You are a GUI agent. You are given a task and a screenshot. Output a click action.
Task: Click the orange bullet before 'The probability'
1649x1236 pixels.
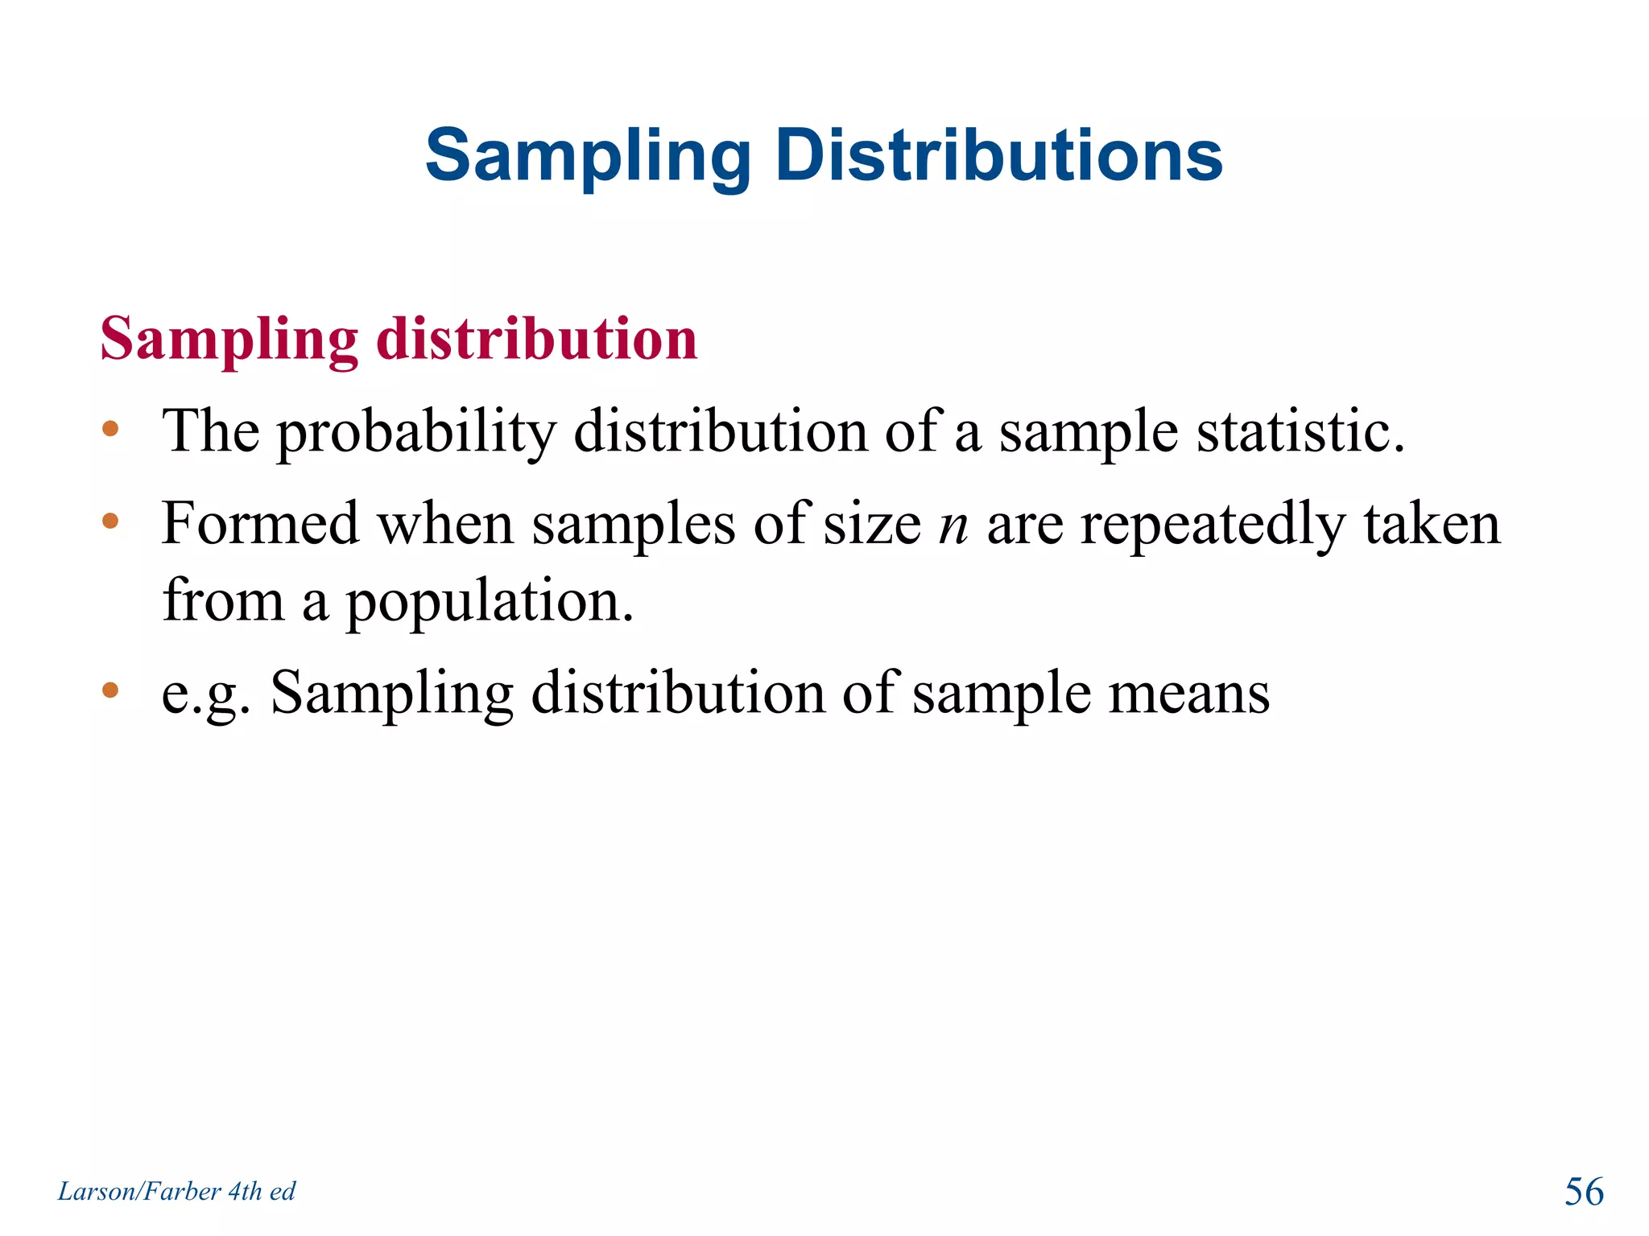coord(110,429)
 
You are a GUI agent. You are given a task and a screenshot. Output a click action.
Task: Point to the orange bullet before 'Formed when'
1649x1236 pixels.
coord(110,521)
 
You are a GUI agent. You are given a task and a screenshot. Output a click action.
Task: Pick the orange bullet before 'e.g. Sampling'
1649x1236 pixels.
coord(110,690)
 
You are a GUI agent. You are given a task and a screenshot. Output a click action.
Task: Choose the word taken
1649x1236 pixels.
coord(1432,524)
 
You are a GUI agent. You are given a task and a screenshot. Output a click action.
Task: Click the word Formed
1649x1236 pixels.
coord(260,524)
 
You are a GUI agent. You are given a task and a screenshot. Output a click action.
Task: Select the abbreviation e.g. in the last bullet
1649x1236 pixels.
coord(205,694)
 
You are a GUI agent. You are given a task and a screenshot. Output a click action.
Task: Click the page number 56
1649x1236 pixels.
coord(1584,1192)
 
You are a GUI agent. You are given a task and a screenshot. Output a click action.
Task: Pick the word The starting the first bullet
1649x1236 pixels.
coord(211,431)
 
